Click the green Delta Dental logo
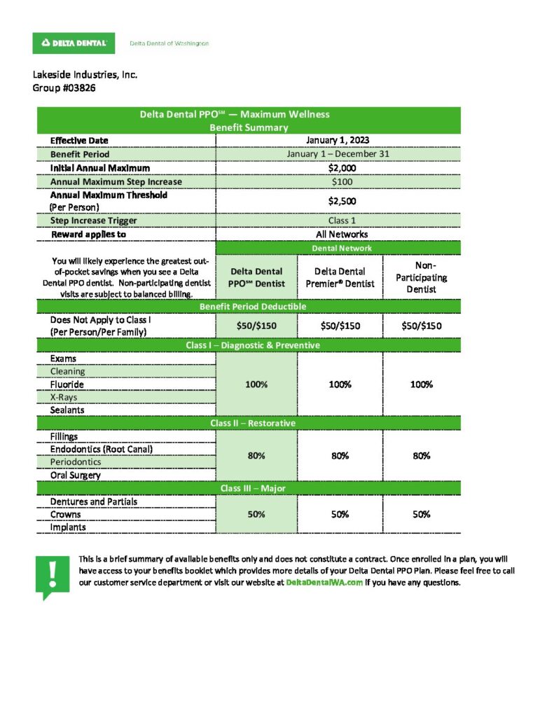[x=74, y=43]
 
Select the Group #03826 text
[x=64, y=88]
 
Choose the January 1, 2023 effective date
[x=338, y=140]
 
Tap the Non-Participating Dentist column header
[x=421, y=277]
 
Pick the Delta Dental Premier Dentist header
[x=340, y=277]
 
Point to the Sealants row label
[x=67, y=410]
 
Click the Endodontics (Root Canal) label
[x=101, y=449]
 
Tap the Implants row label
[x=68, y=528]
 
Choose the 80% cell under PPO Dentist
[x=256, y=456]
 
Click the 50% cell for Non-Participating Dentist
[x=421, y=515]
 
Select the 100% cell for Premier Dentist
[x=340, y=384]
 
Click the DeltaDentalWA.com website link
[x=324, y=583]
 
